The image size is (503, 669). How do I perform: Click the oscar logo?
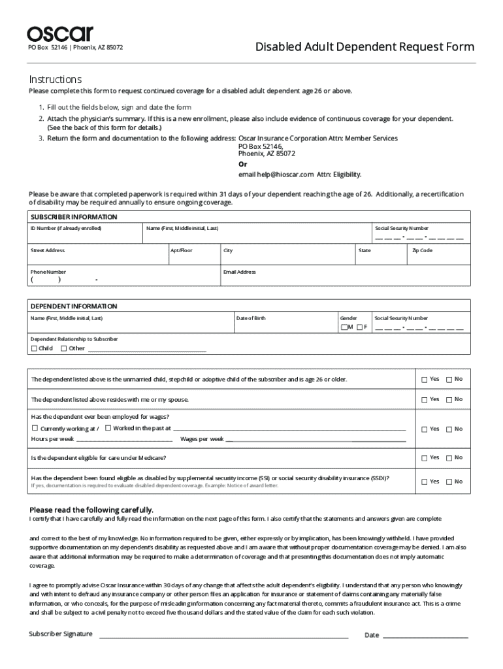60,33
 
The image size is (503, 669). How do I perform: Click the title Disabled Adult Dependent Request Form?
365,47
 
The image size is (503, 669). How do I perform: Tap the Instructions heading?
55,79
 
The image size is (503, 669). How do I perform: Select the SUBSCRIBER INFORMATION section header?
74,217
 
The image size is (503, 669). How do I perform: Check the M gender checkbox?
344,327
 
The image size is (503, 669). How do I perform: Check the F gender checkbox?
360,327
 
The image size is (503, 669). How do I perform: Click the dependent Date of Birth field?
284,326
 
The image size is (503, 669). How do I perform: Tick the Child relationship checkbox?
34,348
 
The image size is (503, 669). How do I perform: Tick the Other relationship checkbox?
63,348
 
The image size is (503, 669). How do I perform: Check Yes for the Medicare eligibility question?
425,458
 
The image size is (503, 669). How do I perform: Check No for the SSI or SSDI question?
449,481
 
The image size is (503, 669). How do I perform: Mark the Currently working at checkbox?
35,429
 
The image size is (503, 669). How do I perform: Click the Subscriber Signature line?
223,634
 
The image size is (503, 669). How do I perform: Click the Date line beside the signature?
425,634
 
